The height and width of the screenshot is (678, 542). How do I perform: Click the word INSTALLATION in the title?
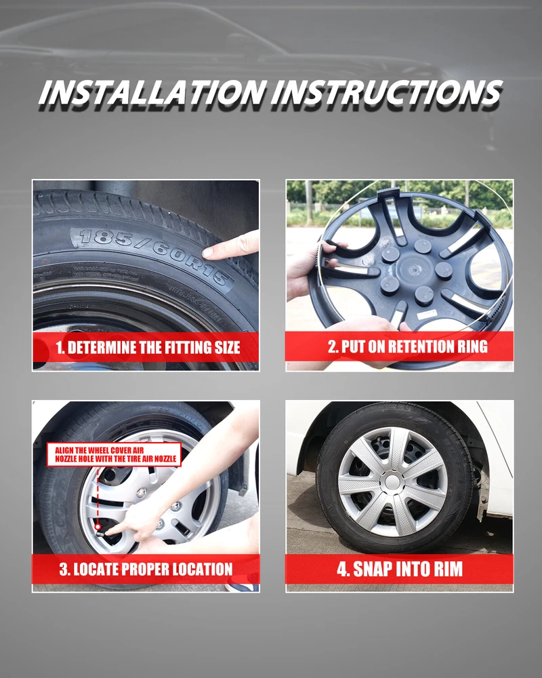coord(152,92)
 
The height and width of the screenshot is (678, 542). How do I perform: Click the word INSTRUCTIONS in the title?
coord(387,92)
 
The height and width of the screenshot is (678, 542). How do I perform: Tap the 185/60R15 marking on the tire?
coord(153,256)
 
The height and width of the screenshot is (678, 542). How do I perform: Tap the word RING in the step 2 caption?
coord(474,346)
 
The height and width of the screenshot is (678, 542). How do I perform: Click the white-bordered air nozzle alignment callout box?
coord(114,454)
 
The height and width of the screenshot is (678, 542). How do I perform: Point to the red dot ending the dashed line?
coord(98,527)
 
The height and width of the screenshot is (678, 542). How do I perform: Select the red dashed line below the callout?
coord(98,496)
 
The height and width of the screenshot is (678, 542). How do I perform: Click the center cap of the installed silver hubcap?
coord(392,481)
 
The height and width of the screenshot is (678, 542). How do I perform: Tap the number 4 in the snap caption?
coord(342,569)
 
